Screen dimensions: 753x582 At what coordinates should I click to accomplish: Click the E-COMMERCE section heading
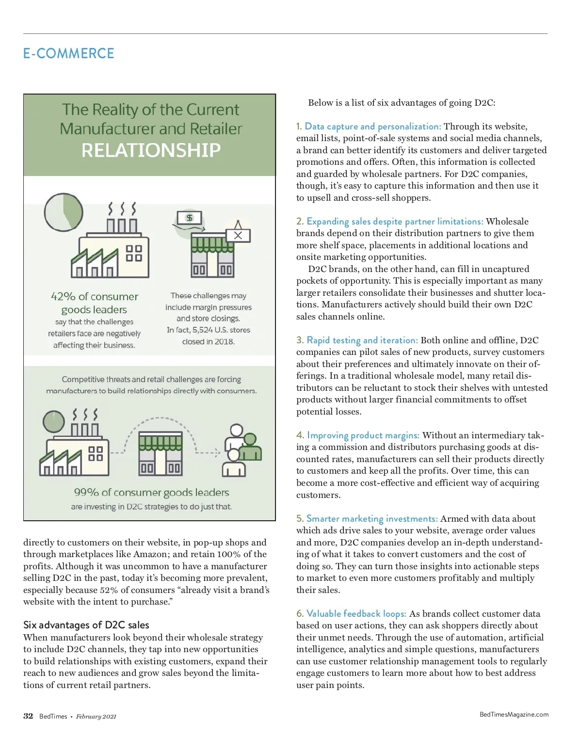coord(68,53)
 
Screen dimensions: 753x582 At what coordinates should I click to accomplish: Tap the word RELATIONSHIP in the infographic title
coord(151,150)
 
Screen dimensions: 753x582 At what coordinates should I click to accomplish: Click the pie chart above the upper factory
coord(64,213)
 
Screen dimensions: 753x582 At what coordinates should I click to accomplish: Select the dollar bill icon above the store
coord(190,218)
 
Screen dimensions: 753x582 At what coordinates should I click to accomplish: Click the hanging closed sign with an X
coord(238,235)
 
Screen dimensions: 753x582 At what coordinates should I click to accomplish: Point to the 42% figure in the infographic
coord(63,297)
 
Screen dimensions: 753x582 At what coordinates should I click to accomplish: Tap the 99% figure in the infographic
coord(86,493)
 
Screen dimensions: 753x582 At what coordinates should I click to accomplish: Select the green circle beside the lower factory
coord(53,421)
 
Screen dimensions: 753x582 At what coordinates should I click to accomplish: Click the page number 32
coord(28,716)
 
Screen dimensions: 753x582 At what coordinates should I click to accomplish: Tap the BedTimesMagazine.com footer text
coord(514,714)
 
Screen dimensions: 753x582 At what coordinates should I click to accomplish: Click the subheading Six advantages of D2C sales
coord(86,625)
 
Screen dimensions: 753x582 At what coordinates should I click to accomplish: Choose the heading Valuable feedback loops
coord(356,614)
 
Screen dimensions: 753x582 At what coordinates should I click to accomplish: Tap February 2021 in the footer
coord(96,717)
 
